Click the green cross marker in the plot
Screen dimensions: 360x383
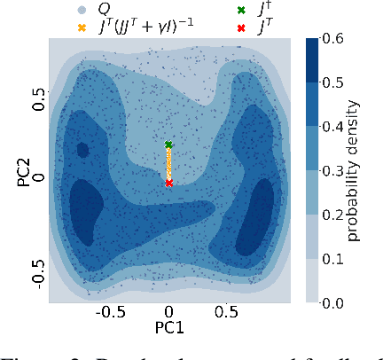[x=168, y=145]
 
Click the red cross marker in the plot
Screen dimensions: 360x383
[x=168, y=183]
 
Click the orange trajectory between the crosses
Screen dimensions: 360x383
[x=168, y=165]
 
